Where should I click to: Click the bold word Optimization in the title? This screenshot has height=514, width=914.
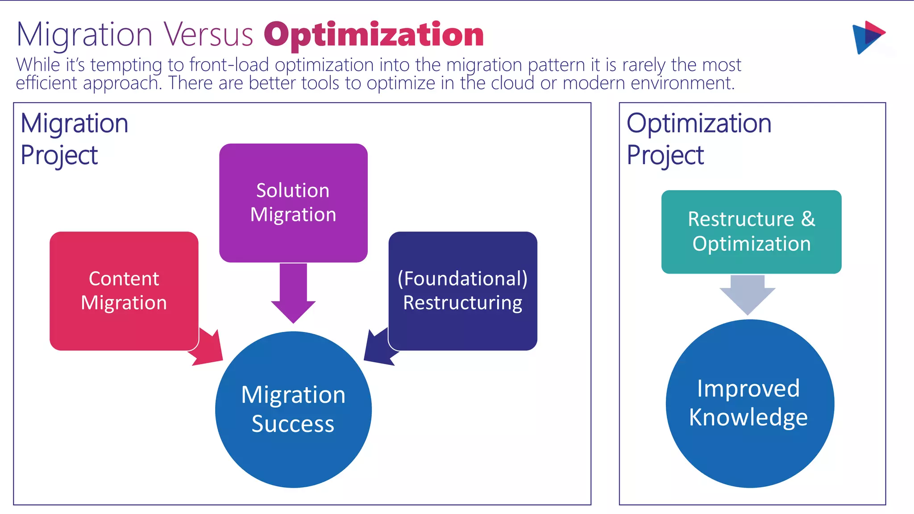tap(374, 35)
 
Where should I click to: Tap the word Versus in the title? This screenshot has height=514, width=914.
tap(208, 35)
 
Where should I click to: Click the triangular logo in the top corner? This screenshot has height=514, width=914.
tap(868, 37)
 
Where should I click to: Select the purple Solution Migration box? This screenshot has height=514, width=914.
tap(293, 203)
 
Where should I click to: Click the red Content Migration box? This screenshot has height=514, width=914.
tap(124, 290)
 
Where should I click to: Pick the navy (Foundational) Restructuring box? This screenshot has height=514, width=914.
tap(463, 290)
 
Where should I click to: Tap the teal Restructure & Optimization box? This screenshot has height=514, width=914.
tap(751, 232)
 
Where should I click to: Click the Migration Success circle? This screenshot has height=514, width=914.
tap(293, 409)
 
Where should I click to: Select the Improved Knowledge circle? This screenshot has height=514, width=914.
tap(749, 403)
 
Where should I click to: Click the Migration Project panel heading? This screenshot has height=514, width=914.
tap(74, 139)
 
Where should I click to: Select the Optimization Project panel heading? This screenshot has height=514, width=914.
tap(698, 139)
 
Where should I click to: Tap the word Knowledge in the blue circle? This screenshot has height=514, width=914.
tap(748, 418)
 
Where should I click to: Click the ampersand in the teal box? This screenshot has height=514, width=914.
tap(808, 219)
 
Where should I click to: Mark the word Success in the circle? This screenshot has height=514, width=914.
tap(293, 424)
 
